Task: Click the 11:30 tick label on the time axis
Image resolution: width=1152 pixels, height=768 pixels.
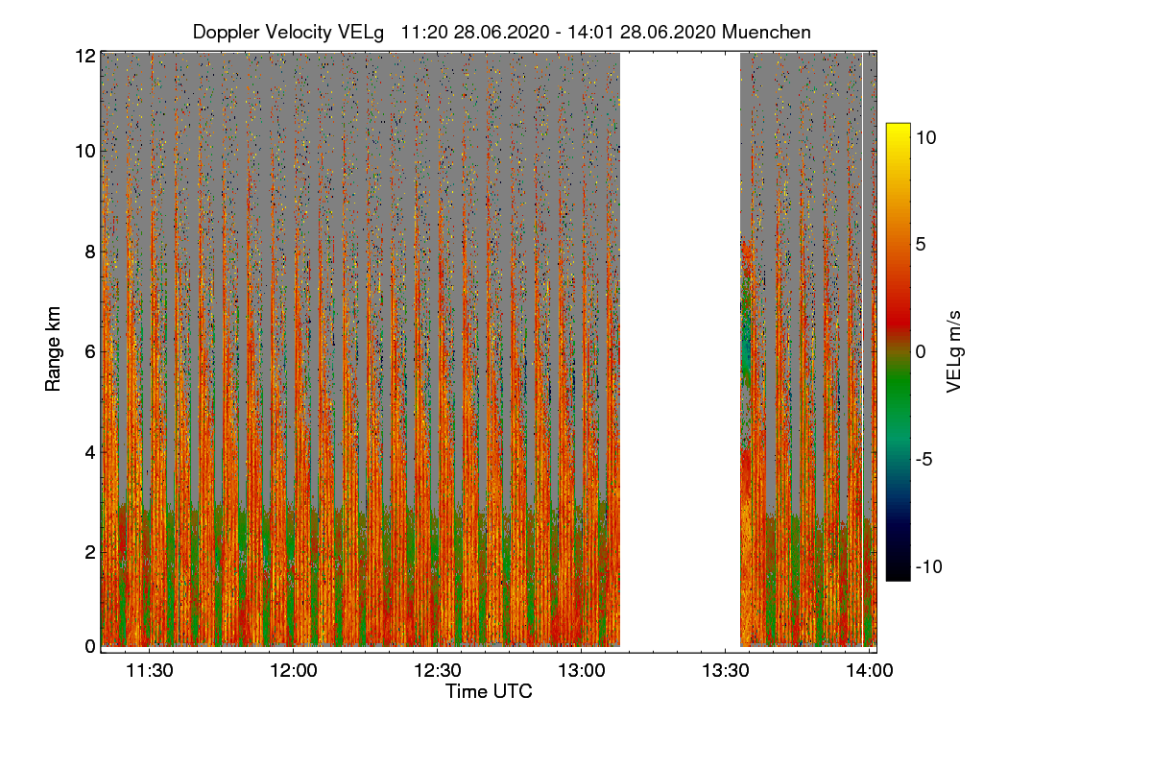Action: click(149, 671)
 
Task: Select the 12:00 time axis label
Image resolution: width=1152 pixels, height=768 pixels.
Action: click(293, 671)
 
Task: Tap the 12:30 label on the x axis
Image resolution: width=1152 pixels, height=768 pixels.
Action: click(438, 671)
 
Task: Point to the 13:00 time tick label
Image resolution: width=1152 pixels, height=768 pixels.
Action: click(582, 671)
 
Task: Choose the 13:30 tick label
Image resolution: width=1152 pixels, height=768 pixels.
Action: click(726, 671)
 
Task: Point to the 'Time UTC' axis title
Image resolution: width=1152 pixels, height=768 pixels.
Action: click(489, 691)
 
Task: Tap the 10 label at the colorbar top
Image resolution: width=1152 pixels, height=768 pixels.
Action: click(925, 137)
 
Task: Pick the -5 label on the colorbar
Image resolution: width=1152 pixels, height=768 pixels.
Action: click(926, 459)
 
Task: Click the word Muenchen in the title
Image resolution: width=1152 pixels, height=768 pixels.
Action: click(766, 32)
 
